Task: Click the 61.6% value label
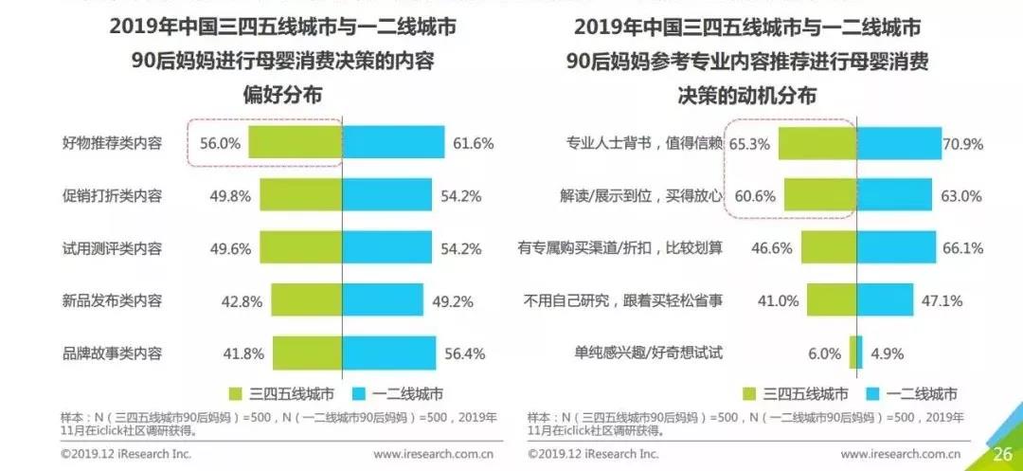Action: click(475, 144)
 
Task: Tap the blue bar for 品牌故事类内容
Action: click(388, 353)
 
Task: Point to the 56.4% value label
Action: click(465, 353)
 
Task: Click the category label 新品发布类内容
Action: click(112, 300)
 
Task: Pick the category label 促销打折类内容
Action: click(112, 196)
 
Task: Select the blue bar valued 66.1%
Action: click(896, 248)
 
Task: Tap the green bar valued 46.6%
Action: click(828, 248)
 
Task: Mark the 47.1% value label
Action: click(943, 300)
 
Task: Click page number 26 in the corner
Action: click(1002, 453)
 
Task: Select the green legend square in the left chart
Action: click(236, 393)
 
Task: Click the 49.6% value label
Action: click(230, 248)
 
